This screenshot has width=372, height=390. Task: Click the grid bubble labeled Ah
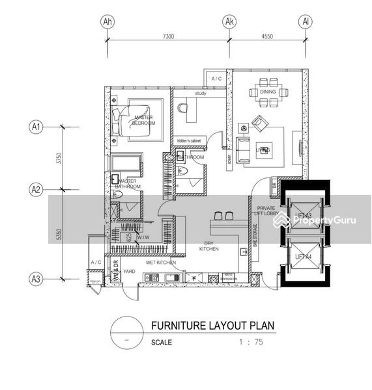[x=107, y=21]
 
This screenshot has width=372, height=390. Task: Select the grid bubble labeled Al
[x=304, y=21]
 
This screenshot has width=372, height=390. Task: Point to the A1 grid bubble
[x=36, y=127]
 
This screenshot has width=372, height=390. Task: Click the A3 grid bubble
[x=36, y=279]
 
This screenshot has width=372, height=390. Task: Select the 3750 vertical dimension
[x=57, y=158]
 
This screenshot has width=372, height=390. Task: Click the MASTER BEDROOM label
[x=144, y=120]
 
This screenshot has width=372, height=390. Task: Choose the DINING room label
[x=268, y=92]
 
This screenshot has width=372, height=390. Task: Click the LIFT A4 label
[x=304, y=256]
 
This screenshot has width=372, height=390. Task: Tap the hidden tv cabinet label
[x=192, y=140]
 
